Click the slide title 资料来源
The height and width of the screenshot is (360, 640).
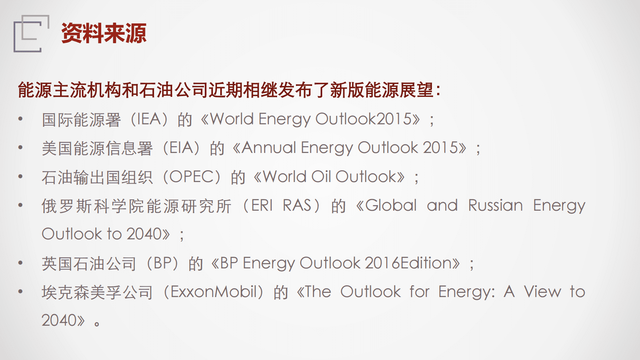[104, 33]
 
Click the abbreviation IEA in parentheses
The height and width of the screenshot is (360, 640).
[149, 119]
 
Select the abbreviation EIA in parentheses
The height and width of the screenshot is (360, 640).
[181, 148]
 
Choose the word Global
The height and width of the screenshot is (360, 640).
[391, 205]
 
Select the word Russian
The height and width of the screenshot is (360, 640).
[496, 205]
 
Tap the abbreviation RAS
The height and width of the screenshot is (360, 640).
[297, 205]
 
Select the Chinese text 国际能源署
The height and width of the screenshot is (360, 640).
[81, 119]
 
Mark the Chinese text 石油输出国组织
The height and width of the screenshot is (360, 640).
[97, 177]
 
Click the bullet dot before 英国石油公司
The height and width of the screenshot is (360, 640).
[20, 263]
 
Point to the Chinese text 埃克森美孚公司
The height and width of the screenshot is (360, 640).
[97, 292]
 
